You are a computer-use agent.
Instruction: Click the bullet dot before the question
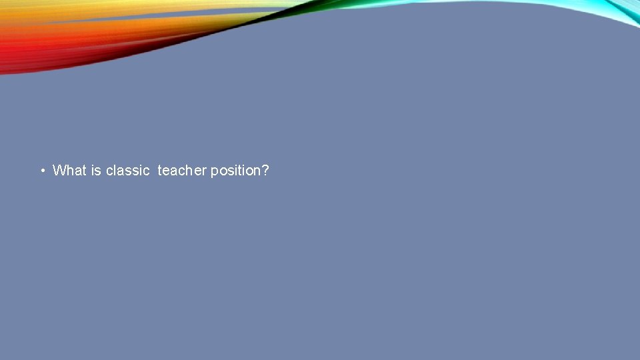[x=42, y=171]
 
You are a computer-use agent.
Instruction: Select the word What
[x=69, y=171]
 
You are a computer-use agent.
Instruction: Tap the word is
[x=96, y=171]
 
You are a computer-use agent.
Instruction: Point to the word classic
[x=127, y=171]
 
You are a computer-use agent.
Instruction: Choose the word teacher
[x=182, y=171]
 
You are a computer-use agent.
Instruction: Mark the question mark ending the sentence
[x=265, y=171]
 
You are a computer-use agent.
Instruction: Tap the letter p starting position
[x=215, y=172]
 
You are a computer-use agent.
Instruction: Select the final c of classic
[x=146, y=171]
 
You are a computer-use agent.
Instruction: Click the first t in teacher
[x=159, y=171]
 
